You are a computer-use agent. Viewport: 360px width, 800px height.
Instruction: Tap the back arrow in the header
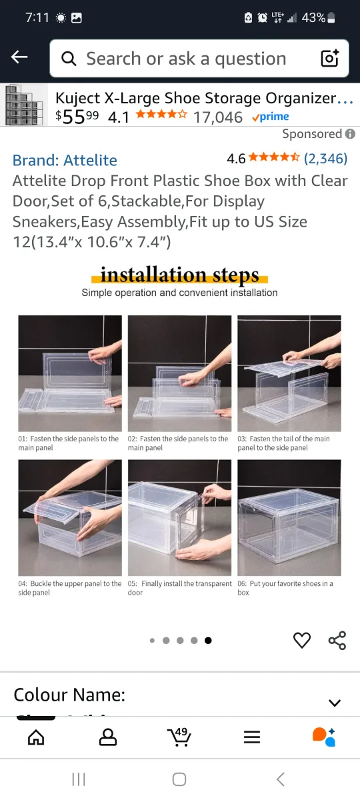click(19, 57)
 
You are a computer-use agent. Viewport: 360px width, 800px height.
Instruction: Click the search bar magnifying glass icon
click(69, 59)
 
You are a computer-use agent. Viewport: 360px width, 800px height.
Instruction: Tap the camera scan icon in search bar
click(330, 59)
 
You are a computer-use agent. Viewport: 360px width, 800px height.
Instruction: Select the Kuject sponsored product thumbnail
click(25, 105)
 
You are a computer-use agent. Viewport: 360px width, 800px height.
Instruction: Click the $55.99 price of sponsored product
click(77, 117)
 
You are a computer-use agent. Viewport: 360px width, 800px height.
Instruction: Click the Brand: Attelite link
click(65, 160)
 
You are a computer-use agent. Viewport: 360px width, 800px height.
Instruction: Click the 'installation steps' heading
click(179, 275)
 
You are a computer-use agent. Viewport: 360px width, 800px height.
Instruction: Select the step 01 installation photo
click(70, 373)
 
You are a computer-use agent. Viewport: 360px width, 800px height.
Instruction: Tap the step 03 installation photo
click(289, 373)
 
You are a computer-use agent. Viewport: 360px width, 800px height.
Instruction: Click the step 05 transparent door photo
click(179, 518)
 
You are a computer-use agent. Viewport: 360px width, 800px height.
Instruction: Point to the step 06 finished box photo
click(289, 518)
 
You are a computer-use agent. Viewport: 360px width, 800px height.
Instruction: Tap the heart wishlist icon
click(302, 641)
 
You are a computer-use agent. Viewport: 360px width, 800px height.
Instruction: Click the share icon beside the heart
click(337, 641)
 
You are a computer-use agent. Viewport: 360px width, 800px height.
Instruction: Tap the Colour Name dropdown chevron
click(335, 703)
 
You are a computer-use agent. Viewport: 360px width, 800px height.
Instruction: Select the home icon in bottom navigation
click(36, 737)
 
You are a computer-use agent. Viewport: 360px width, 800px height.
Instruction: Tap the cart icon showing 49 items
click(179, 737)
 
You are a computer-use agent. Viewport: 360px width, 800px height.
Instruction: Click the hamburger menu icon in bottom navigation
click(251, 737)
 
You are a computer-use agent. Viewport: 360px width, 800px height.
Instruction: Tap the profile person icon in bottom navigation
click(107, 737)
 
